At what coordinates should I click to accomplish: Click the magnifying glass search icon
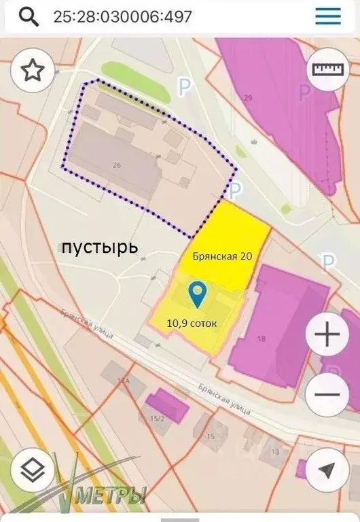[x=28, y=16]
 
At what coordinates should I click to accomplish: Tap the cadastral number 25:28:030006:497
[x=123, y=16]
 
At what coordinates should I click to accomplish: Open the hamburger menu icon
[x=328, y=16]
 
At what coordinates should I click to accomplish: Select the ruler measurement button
[x=327, y=69]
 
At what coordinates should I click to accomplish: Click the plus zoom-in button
[x=327, y=334]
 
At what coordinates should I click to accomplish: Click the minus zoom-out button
[x=327, y=394]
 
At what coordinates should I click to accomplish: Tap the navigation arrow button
[x=327, y=469]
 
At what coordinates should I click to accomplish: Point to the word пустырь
[x=100, y=247]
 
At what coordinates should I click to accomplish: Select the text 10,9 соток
[x=192, y=324]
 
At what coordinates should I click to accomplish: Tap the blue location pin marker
[x=198, y=294]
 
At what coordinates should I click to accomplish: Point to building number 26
[x=116, y=165]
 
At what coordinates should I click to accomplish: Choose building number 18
[x=262, y=338]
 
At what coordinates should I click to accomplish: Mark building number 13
[x=274, y=451]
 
